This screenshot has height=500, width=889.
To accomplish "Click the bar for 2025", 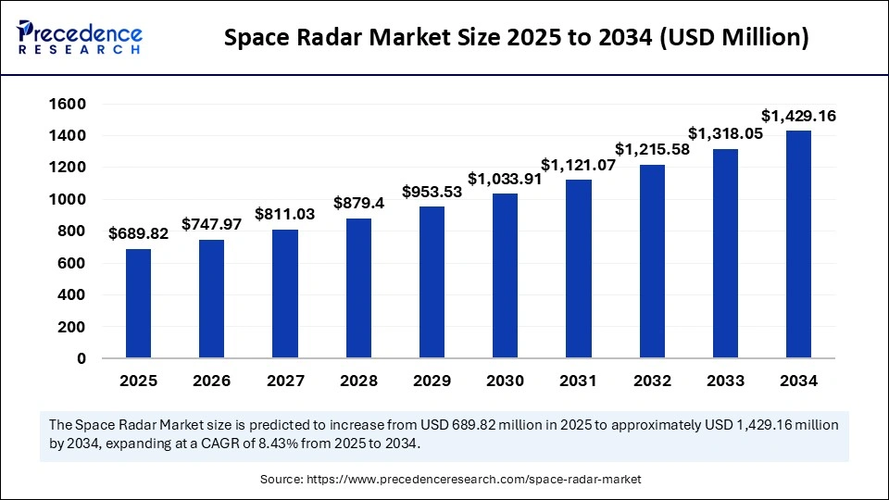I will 138,304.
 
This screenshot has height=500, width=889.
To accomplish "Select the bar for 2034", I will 798,244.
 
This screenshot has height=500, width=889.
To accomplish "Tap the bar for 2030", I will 505,276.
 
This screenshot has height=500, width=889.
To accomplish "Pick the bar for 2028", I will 358,288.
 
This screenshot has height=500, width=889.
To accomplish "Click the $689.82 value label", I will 138,234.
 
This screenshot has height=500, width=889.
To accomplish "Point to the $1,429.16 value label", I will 798,116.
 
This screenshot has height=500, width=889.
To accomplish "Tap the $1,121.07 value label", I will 578,165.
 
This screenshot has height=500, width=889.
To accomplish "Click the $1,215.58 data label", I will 651,149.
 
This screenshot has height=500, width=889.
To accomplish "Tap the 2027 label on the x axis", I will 285,381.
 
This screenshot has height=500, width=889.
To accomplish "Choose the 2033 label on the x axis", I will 725,381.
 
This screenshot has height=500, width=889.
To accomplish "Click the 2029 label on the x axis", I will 432,381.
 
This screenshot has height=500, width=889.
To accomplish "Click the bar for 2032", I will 651,261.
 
